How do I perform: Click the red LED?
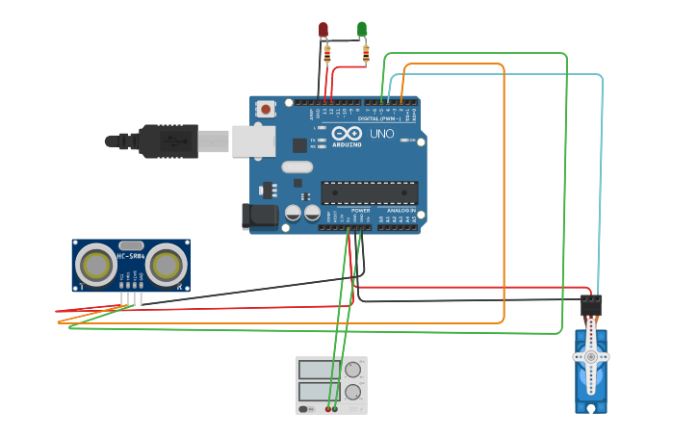(x=324, y=30)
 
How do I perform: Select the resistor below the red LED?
(x=328, y=54)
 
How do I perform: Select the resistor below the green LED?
(x=366, y=53)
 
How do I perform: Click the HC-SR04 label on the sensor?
(x=132, y=256)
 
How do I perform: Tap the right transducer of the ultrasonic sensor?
(x=166, y=264)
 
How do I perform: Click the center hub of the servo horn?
(x=590, y=356)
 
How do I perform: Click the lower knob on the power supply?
(x=352, y=392)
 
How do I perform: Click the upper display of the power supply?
(x=317, y=369)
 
